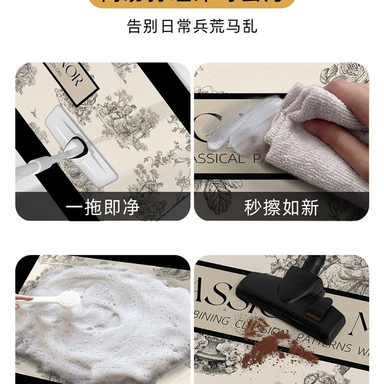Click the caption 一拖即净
(102, 207)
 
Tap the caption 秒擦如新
(281, 207)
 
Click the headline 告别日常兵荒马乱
(192, 26)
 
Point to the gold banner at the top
(192, 4)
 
